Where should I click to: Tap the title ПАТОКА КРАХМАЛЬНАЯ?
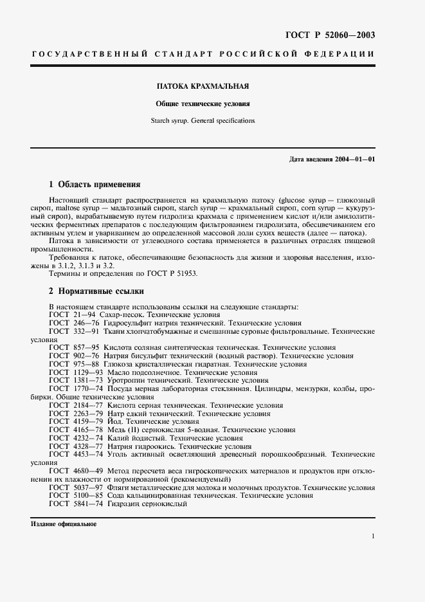(x=204, y=86)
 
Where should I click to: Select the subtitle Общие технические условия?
(x=203, y=104)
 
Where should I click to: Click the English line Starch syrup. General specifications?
(x=203, y=120)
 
